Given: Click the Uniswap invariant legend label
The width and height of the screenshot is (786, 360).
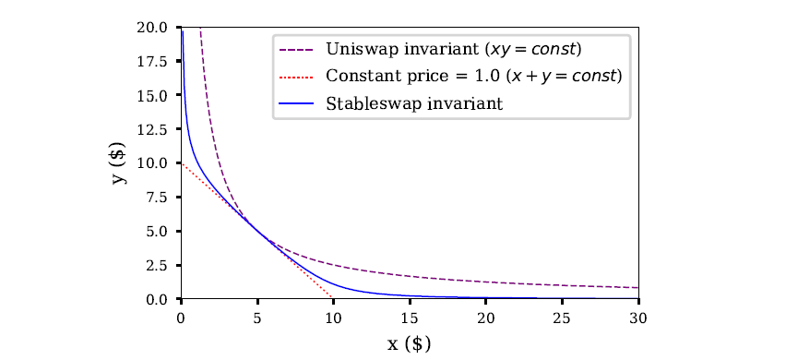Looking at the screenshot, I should [453, 48].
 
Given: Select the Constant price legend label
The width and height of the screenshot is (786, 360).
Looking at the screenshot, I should [473, 76].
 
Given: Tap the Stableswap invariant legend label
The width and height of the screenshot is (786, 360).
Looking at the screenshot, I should [414, 103].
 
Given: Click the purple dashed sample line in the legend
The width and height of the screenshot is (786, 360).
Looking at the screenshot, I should [298, 48].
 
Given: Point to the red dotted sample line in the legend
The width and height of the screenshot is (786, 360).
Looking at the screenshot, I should [298, 76].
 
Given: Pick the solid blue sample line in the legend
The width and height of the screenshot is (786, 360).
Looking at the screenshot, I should [298, 103].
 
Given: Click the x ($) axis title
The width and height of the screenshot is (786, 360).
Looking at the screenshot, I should [409, 344].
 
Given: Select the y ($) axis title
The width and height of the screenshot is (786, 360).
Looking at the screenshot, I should [120, 163].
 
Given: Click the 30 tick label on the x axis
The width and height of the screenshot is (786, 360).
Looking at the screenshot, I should [637, 317].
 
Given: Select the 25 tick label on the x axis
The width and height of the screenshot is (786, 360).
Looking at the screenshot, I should [561, 317].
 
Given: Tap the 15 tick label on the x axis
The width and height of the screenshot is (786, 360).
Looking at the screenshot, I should [409, 317].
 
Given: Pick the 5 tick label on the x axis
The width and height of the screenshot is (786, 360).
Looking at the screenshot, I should [257, 317].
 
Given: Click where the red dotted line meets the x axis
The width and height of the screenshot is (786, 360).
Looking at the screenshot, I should [333, 298].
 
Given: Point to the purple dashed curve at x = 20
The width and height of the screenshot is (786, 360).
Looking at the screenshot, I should [485, 282].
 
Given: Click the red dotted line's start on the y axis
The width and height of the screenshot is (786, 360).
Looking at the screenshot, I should [182, 163].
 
